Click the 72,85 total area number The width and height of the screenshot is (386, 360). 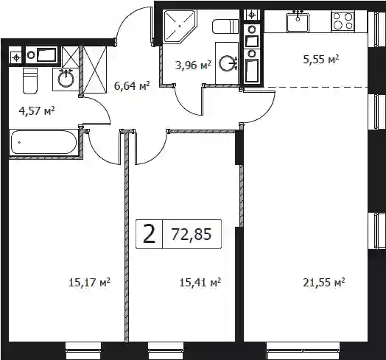[192, 234]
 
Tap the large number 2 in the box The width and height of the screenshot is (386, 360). [150, 234]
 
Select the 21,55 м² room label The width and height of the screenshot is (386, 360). [323, 283]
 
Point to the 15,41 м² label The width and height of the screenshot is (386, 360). [200, 283]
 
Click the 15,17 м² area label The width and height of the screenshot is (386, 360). [89, 283]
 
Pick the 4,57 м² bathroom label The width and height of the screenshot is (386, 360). [37, 110]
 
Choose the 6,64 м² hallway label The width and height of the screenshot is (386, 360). [132, 86]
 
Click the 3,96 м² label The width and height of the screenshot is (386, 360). [193, 66]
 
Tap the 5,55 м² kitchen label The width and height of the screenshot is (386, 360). [320, 60]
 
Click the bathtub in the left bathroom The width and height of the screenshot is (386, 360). [44, 142]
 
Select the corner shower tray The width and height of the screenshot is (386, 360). [180, 27]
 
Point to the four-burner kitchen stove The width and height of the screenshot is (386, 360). [343, 21]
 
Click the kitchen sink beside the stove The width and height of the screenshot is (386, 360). [298, 22]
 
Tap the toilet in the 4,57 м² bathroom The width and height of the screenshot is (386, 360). [30, 81]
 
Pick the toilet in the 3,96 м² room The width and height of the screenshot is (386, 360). [225, 27]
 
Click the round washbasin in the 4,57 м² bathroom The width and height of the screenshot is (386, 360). [66, 79]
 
